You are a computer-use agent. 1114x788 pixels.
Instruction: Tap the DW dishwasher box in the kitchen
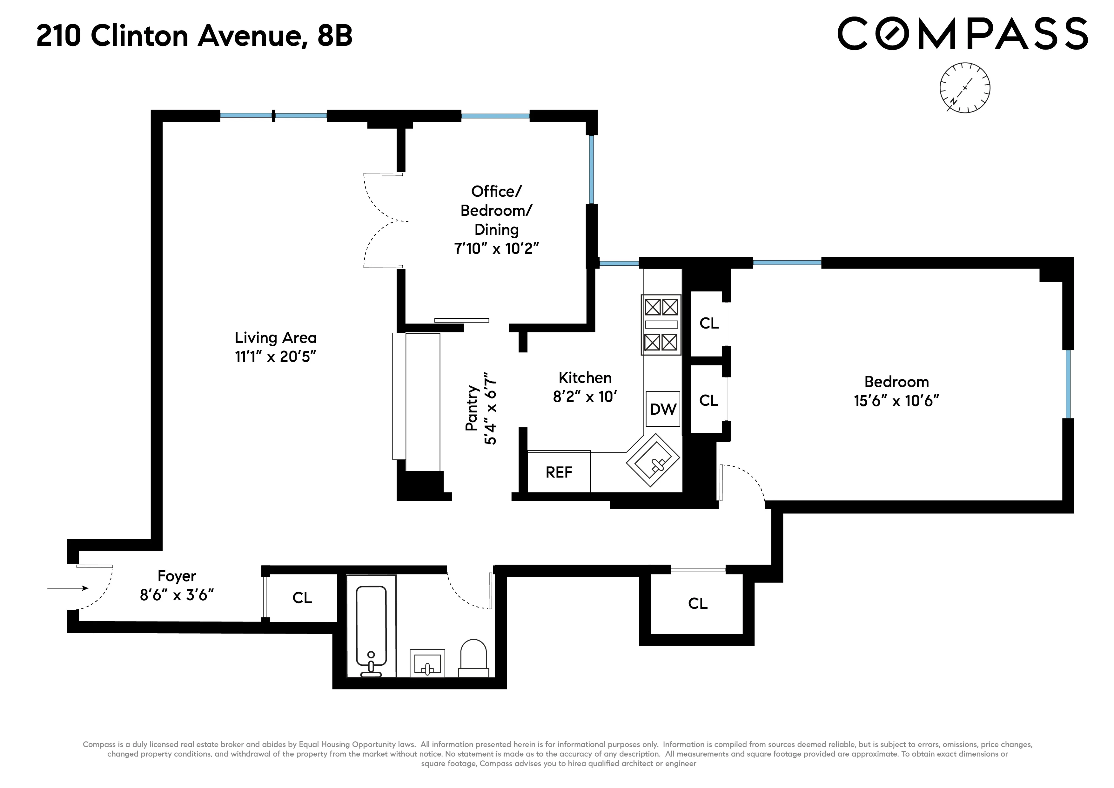pos(663,409)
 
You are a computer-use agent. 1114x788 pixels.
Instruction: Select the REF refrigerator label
pos(559,472)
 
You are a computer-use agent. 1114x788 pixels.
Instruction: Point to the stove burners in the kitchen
pos(661,324)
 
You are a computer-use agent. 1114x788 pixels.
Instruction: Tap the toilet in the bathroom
pos(473,658)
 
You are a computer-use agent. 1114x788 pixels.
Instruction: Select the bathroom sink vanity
pos(427,663)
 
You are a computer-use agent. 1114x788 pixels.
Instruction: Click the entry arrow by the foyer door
pos(68,588)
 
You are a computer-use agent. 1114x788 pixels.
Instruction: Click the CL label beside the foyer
pos(302,598)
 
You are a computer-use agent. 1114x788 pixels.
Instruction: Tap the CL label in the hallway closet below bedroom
pos(697,603)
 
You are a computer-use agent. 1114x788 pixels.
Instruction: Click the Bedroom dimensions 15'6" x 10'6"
pos(896,401)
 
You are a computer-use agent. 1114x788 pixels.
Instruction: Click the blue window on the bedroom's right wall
pos(1068,384)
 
